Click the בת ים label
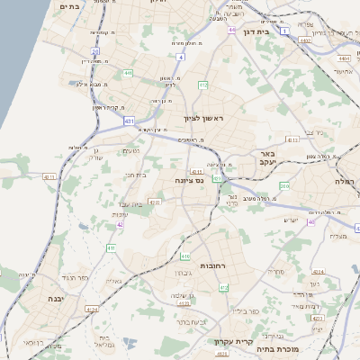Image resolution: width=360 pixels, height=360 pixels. pyautogui.click(x=70, y=5)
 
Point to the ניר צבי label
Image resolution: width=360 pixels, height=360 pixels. pyautogui.click(x=315, y=131)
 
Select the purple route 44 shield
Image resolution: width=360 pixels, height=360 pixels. pyautogui.click(x=231, y=30)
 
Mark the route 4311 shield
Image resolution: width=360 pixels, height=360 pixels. pyautogui.click(x=292, y=140)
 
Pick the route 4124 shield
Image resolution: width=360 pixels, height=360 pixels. pyautogui.click(x=91, y=310)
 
